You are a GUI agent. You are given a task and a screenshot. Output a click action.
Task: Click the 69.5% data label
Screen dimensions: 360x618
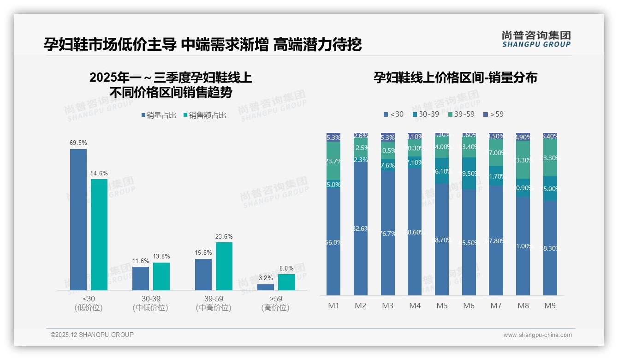tap(78, 143)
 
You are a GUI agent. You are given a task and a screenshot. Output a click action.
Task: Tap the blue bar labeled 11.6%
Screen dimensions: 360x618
tap(141, 278)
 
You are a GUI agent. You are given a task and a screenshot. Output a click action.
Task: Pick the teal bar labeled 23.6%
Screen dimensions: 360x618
tap(224, 266)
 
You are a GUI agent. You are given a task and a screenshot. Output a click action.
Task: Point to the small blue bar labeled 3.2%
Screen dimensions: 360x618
tap(265, 287)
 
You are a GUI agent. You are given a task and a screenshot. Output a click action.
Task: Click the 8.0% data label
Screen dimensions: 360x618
tap(286, 268)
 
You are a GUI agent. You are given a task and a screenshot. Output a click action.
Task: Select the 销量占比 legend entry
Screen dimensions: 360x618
tap(159, 115)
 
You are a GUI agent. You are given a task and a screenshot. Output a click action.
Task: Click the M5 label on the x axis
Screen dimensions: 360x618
tap(442, 306)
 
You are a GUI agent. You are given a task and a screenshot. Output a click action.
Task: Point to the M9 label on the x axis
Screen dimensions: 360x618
tap(550, 306)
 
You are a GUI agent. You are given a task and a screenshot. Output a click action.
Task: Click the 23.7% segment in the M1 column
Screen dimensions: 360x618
tap(333, 161)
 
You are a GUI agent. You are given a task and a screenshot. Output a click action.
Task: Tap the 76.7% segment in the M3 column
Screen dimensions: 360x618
tap(387, 234)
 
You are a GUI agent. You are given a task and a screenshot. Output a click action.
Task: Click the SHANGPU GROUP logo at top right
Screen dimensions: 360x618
tap(536, 39)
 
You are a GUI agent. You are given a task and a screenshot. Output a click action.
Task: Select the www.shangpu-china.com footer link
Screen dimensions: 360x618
tap(537, 335)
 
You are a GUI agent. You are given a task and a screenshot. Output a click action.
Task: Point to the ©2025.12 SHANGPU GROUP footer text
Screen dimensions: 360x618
tap(92, 335)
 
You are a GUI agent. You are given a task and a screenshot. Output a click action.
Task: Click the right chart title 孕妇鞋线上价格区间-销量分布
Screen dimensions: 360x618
tap(455, 78)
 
